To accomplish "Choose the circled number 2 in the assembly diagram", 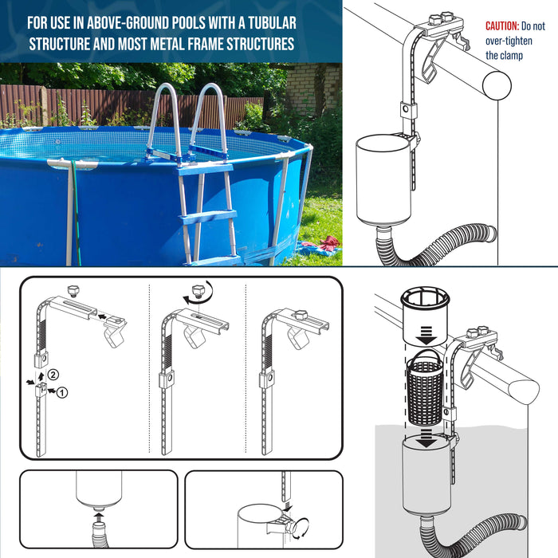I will coord(53,374).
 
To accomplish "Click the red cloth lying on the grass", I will coord(328,242).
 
